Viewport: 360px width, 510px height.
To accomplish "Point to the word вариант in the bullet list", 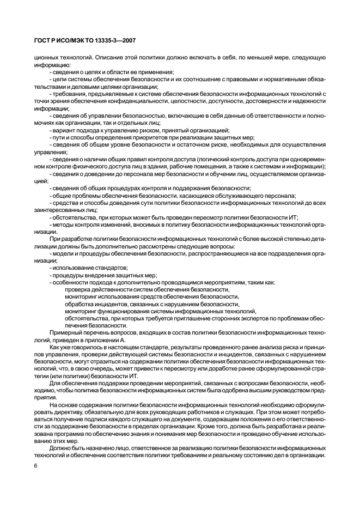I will coord(63,130).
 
